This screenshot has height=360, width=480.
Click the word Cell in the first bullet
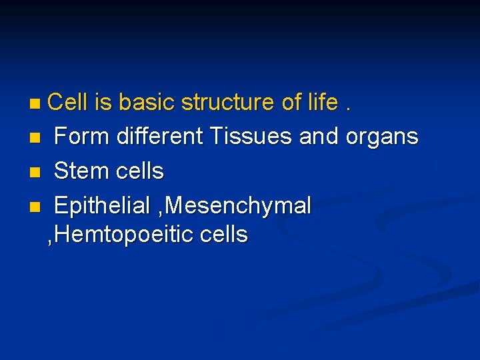(x=68, y=103)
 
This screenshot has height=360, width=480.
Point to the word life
(x=323, y=103)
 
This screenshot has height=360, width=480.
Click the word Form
(x=82, y=137)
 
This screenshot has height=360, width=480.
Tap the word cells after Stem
(x=139, y=171)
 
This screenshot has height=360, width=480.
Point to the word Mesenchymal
(x=238, y=207)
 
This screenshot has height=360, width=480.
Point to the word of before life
(x=292, y=103)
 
